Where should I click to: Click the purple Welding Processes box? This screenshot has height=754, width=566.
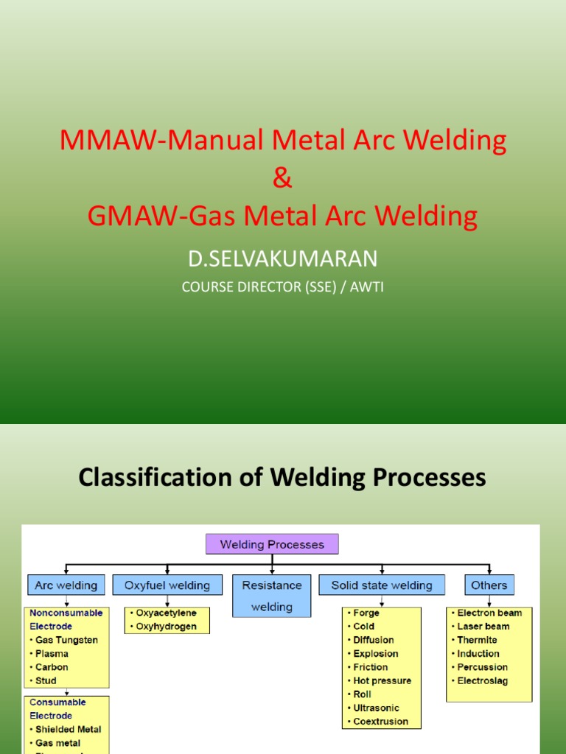click(272, 545)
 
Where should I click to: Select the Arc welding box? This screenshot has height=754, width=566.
click(66, 585)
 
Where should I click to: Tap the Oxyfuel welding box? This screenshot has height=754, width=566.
click(167, 585)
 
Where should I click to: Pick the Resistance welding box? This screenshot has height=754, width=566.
click(272, 596)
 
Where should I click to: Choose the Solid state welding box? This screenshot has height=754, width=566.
click(382, 585)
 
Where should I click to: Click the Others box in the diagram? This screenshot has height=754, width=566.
click(489, 585)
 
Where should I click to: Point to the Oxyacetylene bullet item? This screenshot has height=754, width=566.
click(166, 613)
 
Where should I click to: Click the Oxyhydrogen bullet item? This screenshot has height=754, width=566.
click(166, 627)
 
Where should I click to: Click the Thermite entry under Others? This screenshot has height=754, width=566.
click(477, 640)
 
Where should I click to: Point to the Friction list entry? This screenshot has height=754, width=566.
click(371, 667)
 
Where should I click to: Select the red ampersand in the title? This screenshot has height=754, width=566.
click(283, 178)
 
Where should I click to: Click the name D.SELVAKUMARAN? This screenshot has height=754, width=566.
click(283, 258)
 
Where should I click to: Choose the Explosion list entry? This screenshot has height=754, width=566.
click(376, 654)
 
